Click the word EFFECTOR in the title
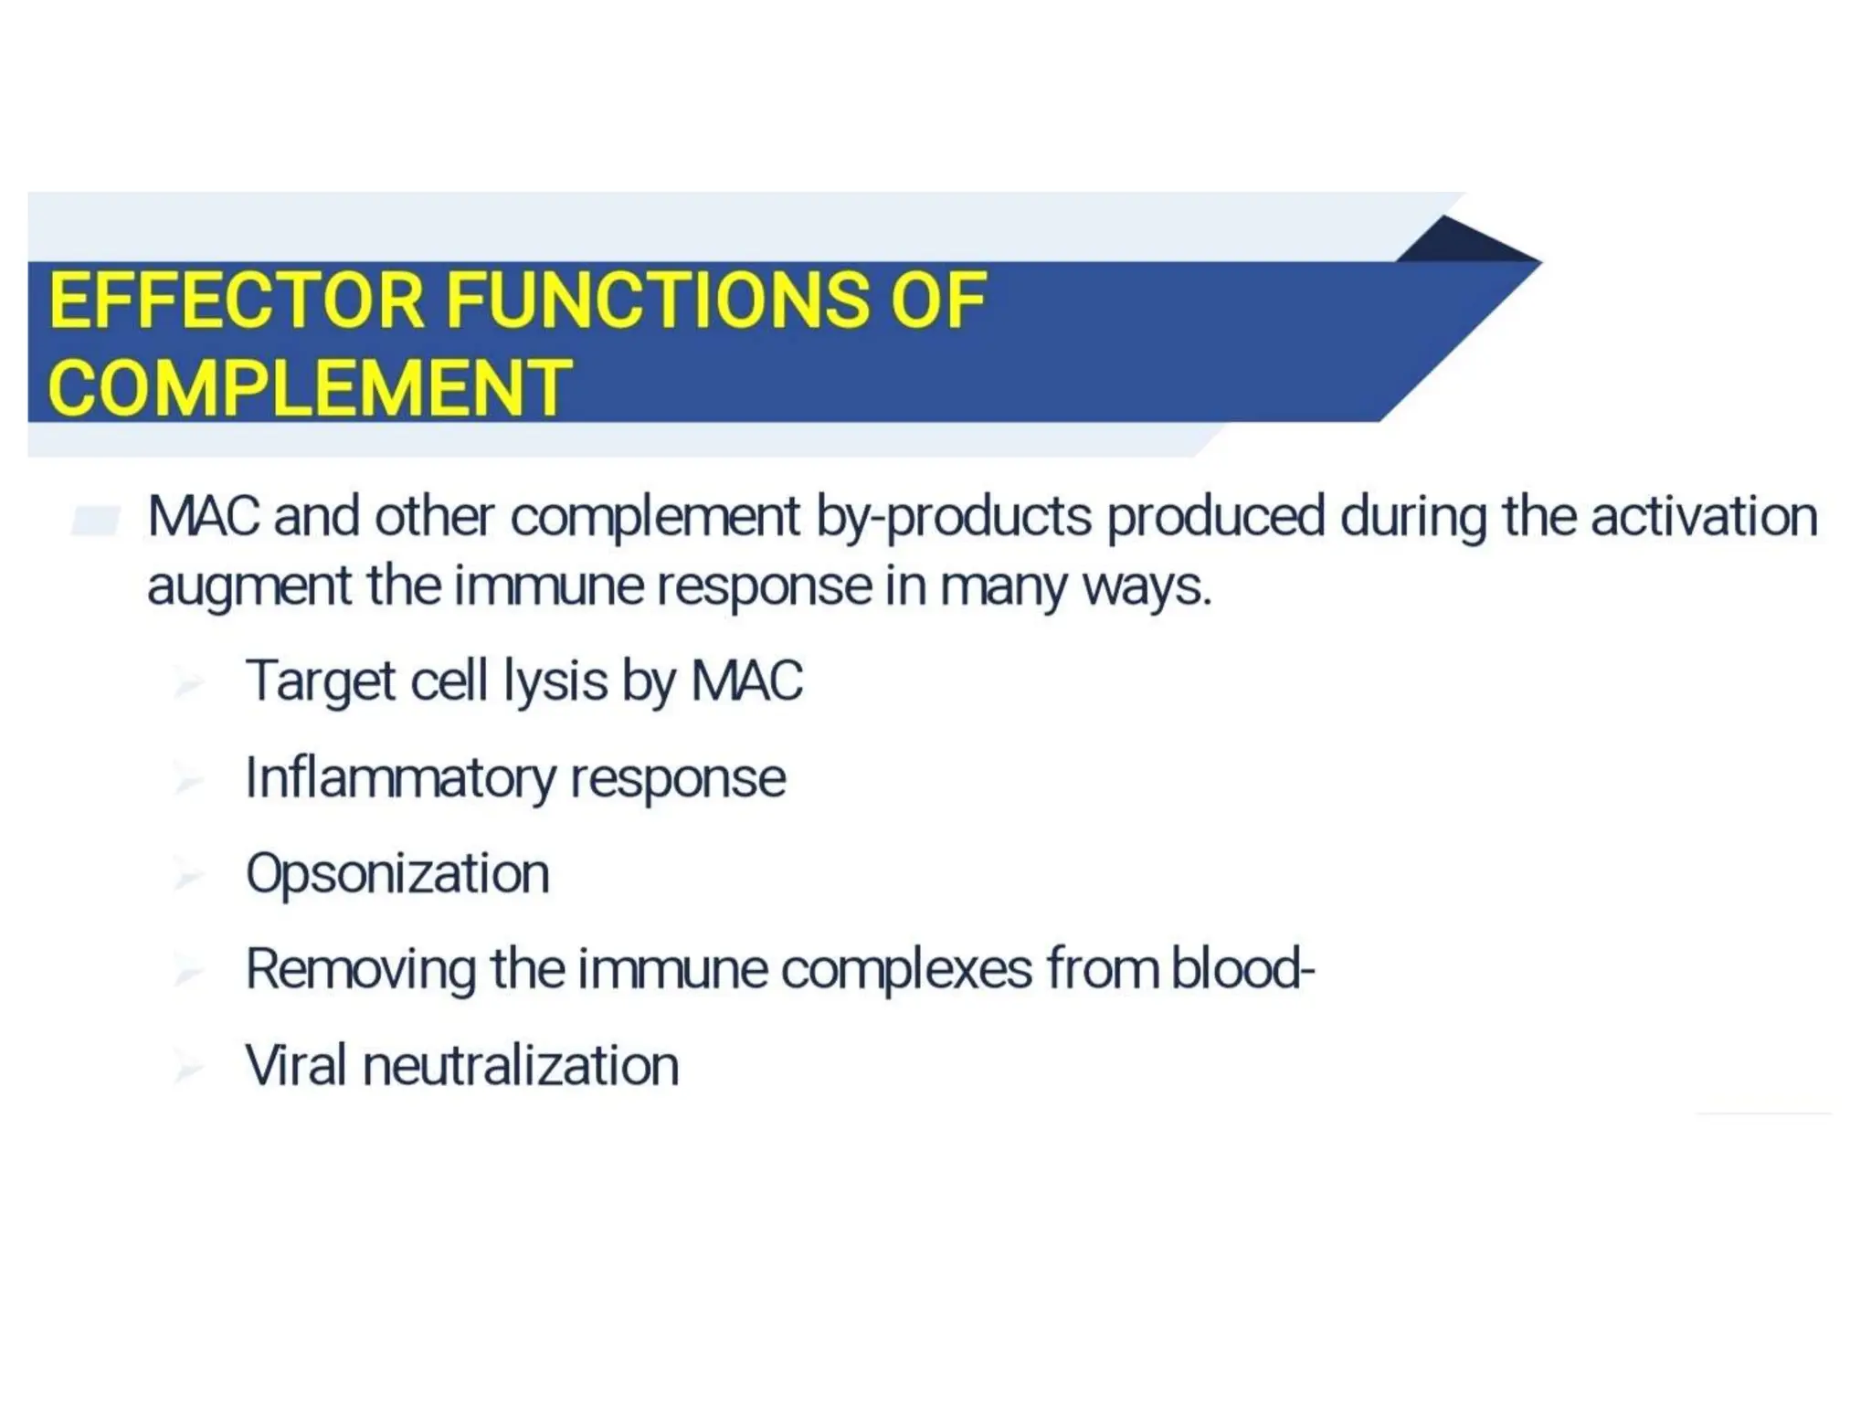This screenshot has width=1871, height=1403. click(237, 301)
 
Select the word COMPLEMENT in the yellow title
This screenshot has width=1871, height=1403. click(310, 387)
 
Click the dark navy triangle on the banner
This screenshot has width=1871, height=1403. click(1462, 242)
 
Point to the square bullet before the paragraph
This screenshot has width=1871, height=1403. click(96, 521)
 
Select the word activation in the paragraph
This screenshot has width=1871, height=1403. click(1704, 517)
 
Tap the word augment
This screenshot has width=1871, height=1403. click(248, 586)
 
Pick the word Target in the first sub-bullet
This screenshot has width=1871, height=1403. click(320, 681)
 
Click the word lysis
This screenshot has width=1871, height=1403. click(555, 681)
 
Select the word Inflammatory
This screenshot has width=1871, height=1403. click(400, 778)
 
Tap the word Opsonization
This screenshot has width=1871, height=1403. click(397, 874)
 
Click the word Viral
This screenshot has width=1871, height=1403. click(296, 1066)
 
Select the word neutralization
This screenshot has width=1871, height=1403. click(521, 1066)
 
